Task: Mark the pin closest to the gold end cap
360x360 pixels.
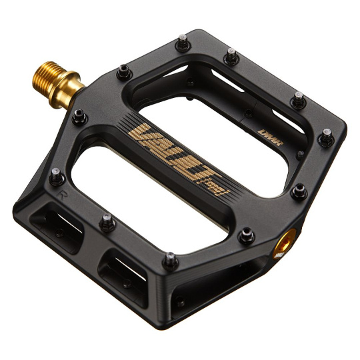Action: [247, 234]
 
